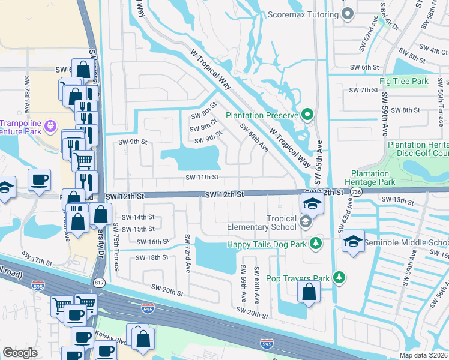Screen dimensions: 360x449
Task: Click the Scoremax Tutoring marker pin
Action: tap(347, 14)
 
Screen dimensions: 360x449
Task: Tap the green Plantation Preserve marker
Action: tap(307, 114)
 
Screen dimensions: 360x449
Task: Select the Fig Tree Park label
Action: tap(403, 81)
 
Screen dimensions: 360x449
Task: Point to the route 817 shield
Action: tap(99, 281)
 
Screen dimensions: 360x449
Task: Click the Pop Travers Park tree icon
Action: tap(339, 277)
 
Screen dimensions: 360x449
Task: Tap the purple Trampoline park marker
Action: tap(50, 125)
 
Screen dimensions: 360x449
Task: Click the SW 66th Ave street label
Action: tap(254, 138)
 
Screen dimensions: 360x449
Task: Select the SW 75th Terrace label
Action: tap(117, 247)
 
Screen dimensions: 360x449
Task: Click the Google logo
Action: tap(20, 353)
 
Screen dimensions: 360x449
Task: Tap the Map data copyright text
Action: tap(424, 355)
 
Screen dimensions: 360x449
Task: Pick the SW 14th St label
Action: tap(138, 217)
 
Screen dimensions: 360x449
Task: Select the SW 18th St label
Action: tap(152, 257)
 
